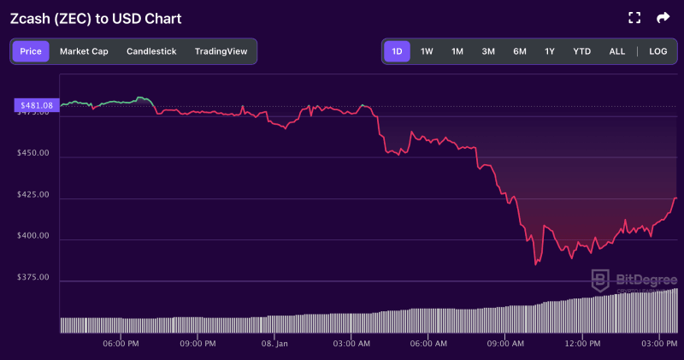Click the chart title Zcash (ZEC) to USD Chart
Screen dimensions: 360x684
95,18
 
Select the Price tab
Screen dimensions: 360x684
31,51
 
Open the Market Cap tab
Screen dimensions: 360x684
84,51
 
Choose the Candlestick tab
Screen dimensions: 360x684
151,51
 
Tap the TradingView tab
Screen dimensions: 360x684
221,51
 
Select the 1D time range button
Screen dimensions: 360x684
397,51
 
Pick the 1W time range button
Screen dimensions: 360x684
427,51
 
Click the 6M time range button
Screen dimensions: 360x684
520,51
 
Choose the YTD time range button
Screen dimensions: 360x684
581,51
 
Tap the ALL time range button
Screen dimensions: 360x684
617,51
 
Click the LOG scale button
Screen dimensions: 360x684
657,51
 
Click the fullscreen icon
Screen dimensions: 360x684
634,18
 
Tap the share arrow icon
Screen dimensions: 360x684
663,18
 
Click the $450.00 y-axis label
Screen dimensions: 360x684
33,153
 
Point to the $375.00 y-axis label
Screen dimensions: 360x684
33,277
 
